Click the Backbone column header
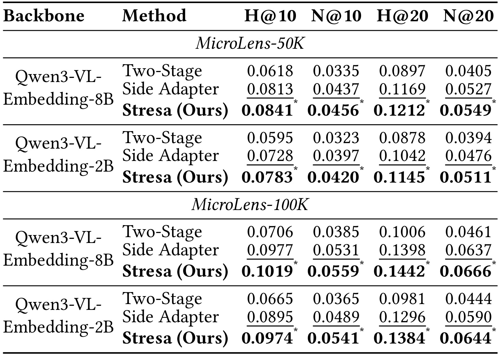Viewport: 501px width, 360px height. (x=44, y=16)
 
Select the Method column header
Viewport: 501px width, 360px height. (x=154, y=16)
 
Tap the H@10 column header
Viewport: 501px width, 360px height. (x=271, y=16)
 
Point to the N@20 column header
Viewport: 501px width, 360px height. (x=468, y=16)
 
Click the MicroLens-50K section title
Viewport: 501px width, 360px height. (x=250, y=43)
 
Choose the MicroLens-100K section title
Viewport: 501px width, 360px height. (x=250, y=205)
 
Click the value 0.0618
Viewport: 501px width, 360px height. (x=270, y=71)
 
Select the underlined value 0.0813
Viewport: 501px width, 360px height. (x=270, y=89)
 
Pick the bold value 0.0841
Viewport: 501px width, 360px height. (x=267, y=111)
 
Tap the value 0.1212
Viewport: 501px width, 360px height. (x=399, y=111)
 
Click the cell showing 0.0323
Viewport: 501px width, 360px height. (x=336, y=138)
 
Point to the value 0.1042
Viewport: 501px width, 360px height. (x=402, y=155)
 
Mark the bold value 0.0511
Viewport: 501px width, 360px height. (x=465, y=177)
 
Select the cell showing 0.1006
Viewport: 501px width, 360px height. (x=402, y=232)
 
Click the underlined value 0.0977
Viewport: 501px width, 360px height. (x=270, y=249)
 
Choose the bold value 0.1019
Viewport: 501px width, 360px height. (x=267, y=271)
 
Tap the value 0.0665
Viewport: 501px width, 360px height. (x=270, y=299)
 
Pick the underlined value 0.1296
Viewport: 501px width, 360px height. (x=402, y=316)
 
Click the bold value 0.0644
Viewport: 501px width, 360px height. (x=465, y=338)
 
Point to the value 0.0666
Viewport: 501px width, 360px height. (x=465, y=271)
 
